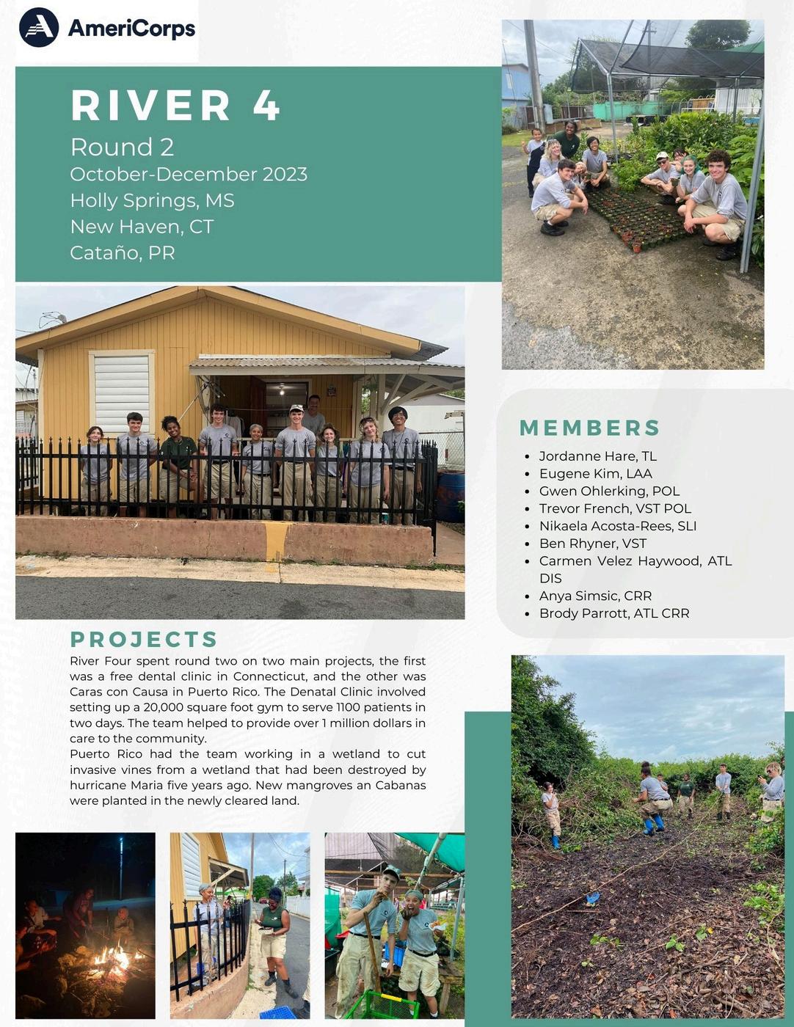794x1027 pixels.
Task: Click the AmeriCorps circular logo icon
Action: point(39,28)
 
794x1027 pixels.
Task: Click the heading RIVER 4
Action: point(175,105)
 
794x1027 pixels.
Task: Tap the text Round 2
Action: point(122,147)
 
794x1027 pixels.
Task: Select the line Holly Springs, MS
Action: point(152,200)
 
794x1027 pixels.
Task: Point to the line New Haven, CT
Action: point(142,227)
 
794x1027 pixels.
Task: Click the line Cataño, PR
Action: point(122,253)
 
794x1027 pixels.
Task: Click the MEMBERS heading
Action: point(589,428)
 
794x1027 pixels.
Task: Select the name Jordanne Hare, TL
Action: point(597,456)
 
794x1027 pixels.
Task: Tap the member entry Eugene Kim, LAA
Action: point(595,474)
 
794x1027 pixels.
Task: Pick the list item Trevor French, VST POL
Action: point(615,508)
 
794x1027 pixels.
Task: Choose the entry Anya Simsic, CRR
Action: point(595,596)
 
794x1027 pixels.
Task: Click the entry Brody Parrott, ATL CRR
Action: point(614,613)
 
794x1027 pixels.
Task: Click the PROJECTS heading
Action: point(144,639)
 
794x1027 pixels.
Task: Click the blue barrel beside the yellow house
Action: point(451,496)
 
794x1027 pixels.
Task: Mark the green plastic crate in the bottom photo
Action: point(382,1005)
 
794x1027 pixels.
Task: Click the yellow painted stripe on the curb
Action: point(276,541)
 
